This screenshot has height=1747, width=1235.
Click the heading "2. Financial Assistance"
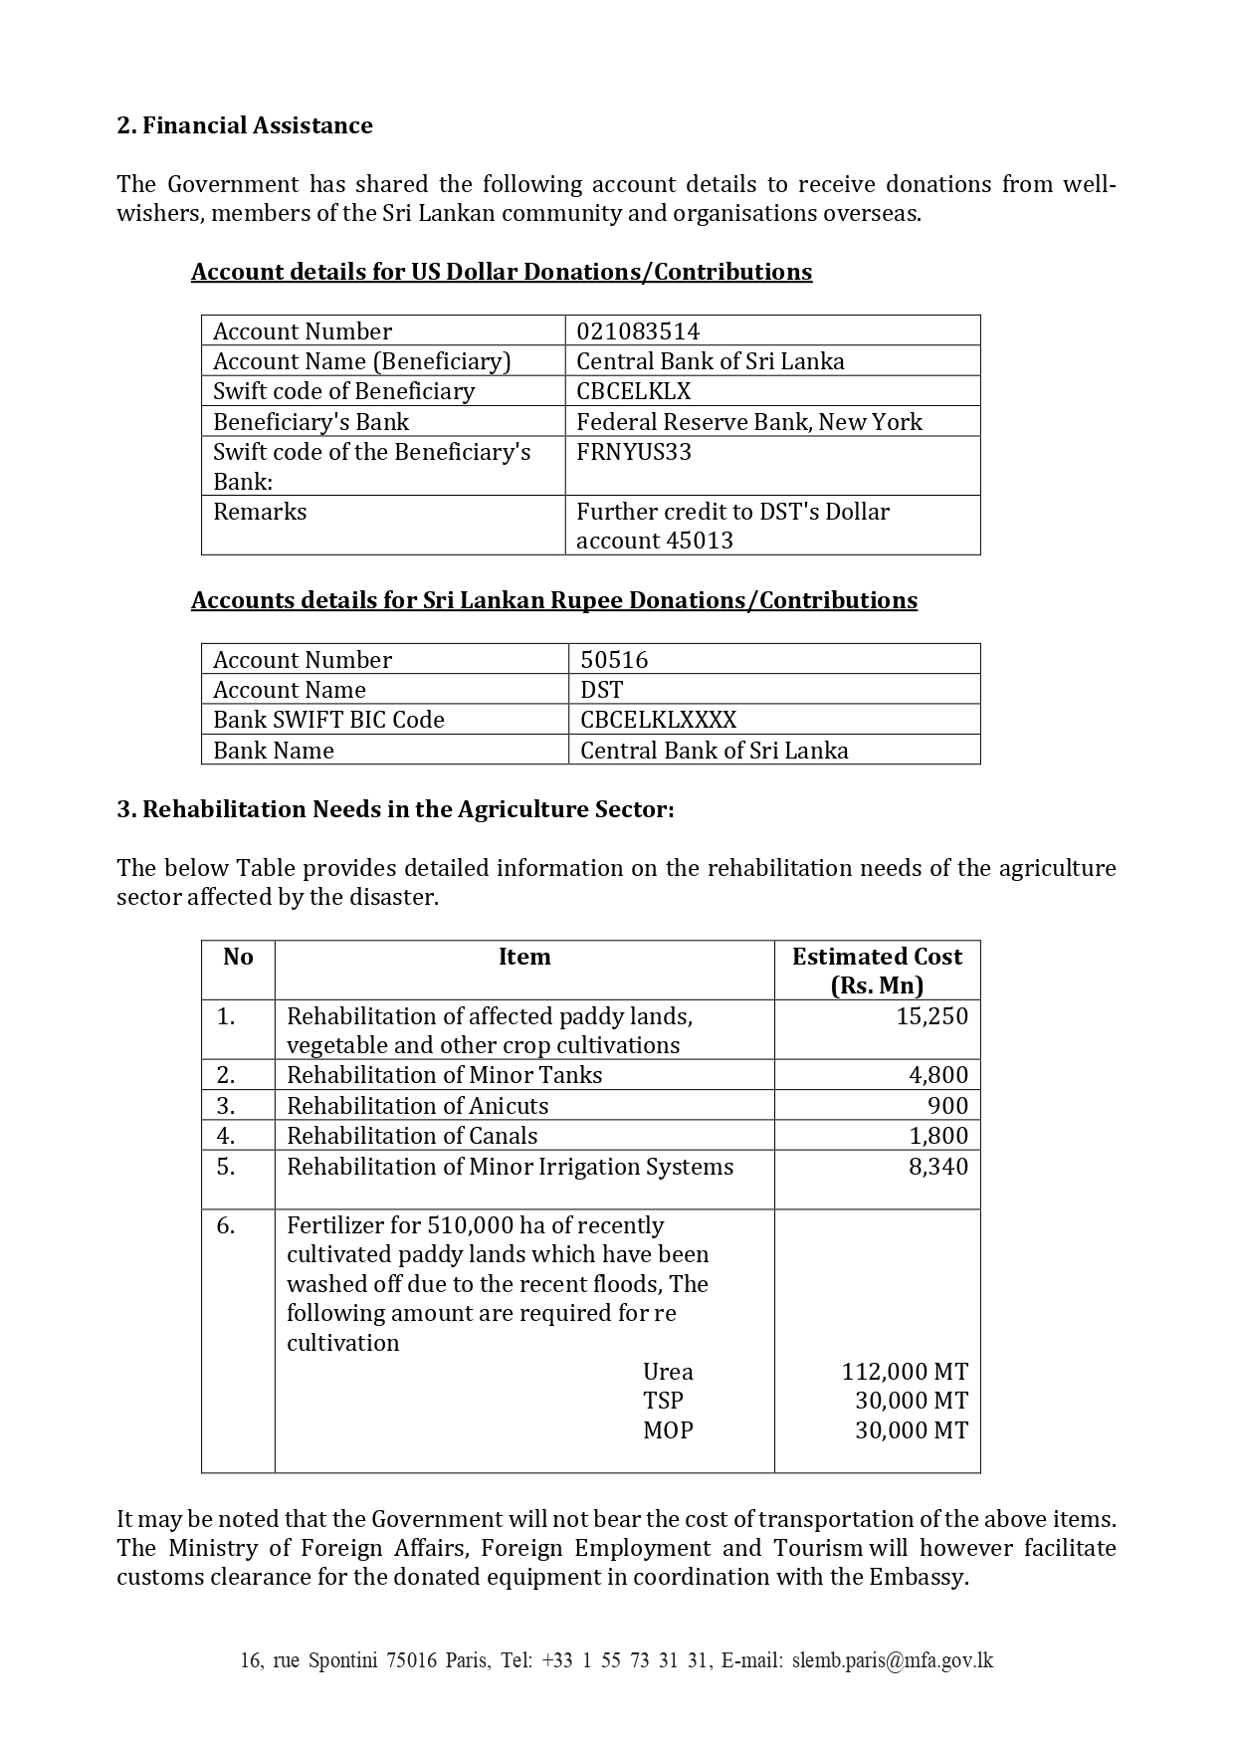pyautogui.click(x=245, y=125)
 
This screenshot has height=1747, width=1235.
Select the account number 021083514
pyautogui.click(x=638, y=331)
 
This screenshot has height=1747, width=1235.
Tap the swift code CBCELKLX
pyautogui.click(x=633, y=391)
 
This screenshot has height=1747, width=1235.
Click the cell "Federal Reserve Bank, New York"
pyautogui.click(x=748, y=422)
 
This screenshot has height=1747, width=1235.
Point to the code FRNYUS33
pyautogui.click(x=634, y=452)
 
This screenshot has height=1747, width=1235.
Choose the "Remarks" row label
pyautogui.click(x=260, y=512)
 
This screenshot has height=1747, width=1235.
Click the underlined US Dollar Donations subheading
pyautogui.click(x=502, y=272)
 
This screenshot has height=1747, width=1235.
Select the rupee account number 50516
pyautogui.click(x=614, y=660)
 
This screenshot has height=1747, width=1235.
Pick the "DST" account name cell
pyautogui.click(x=601, y=690)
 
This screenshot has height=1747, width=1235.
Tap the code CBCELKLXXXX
pyautogui.click(x=658, y=720)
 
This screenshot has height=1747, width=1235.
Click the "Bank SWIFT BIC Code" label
pyautogui.click(x=328, y=720)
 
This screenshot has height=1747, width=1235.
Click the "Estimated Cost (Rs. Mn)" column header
pyautogui.click(x=877, y=971)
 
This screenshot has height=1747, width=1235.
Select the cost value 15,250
pyautogui.click(x=931, y=1016)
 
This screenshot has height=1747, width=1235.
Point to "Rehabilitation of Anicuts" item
pyautogui.click(x=417, y=1106)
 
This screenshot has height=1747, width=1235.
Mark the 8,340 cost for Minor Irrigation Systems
pyautogui.click(x=937, y=1167)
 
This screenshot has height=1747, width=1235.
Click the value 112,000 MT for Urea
pyautogui.click(x=905, y=1372)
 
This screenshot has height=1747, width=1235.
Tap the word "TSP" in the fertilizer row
pyautogui.click(x=663, y=1401)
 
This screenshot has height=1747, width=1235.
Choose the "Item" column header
pyautogui.click(x=524, y=957)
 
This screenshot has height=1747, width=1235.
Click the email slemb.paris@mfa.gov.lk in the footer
pyautogui.click(x=893, y=1660)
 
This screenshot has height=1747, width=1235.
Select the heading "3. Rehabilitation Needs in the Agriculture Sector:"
pyautogui.click(x=395, y=809)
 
